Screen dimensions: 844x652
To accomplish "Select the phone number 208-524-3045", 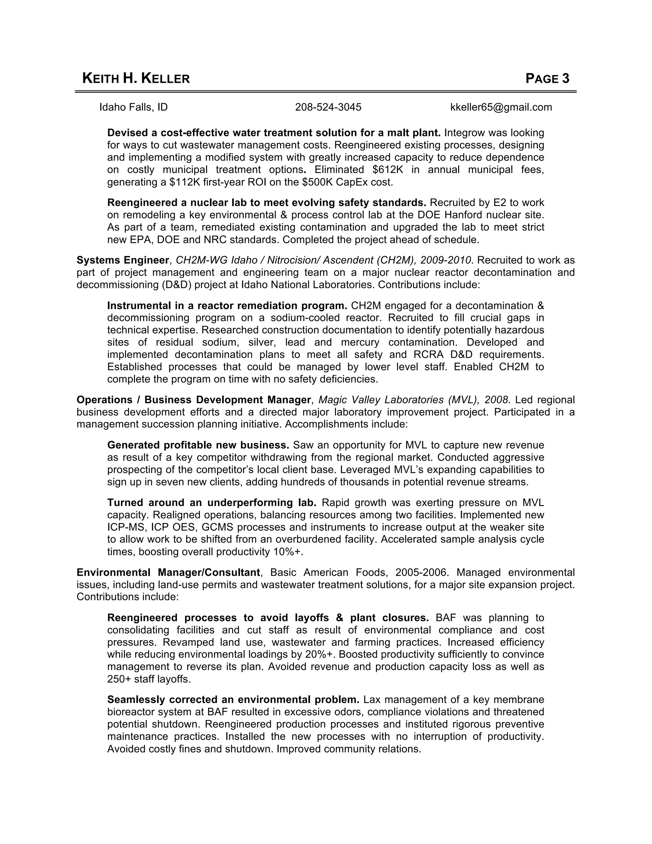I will pyautogui.click(x=328, y=107).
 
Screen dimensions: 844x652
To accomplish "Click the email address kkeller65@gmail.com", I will pyautogui.click(x=501, y=107).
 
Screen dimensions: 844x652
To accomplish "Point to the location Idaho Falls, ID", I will pyautogui.click(x=134, y=107).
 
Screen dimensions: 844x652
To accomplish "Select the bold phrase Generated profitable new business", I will pyautogui.click(x=198, y=445).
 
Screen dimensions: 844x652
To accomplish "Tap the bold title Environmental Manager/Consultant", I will pyautogui.click(x=168, y=572).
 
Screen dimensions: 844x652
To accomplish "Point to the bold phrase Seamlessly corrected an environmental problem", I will pyautogui.click(x=233, y=699).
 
